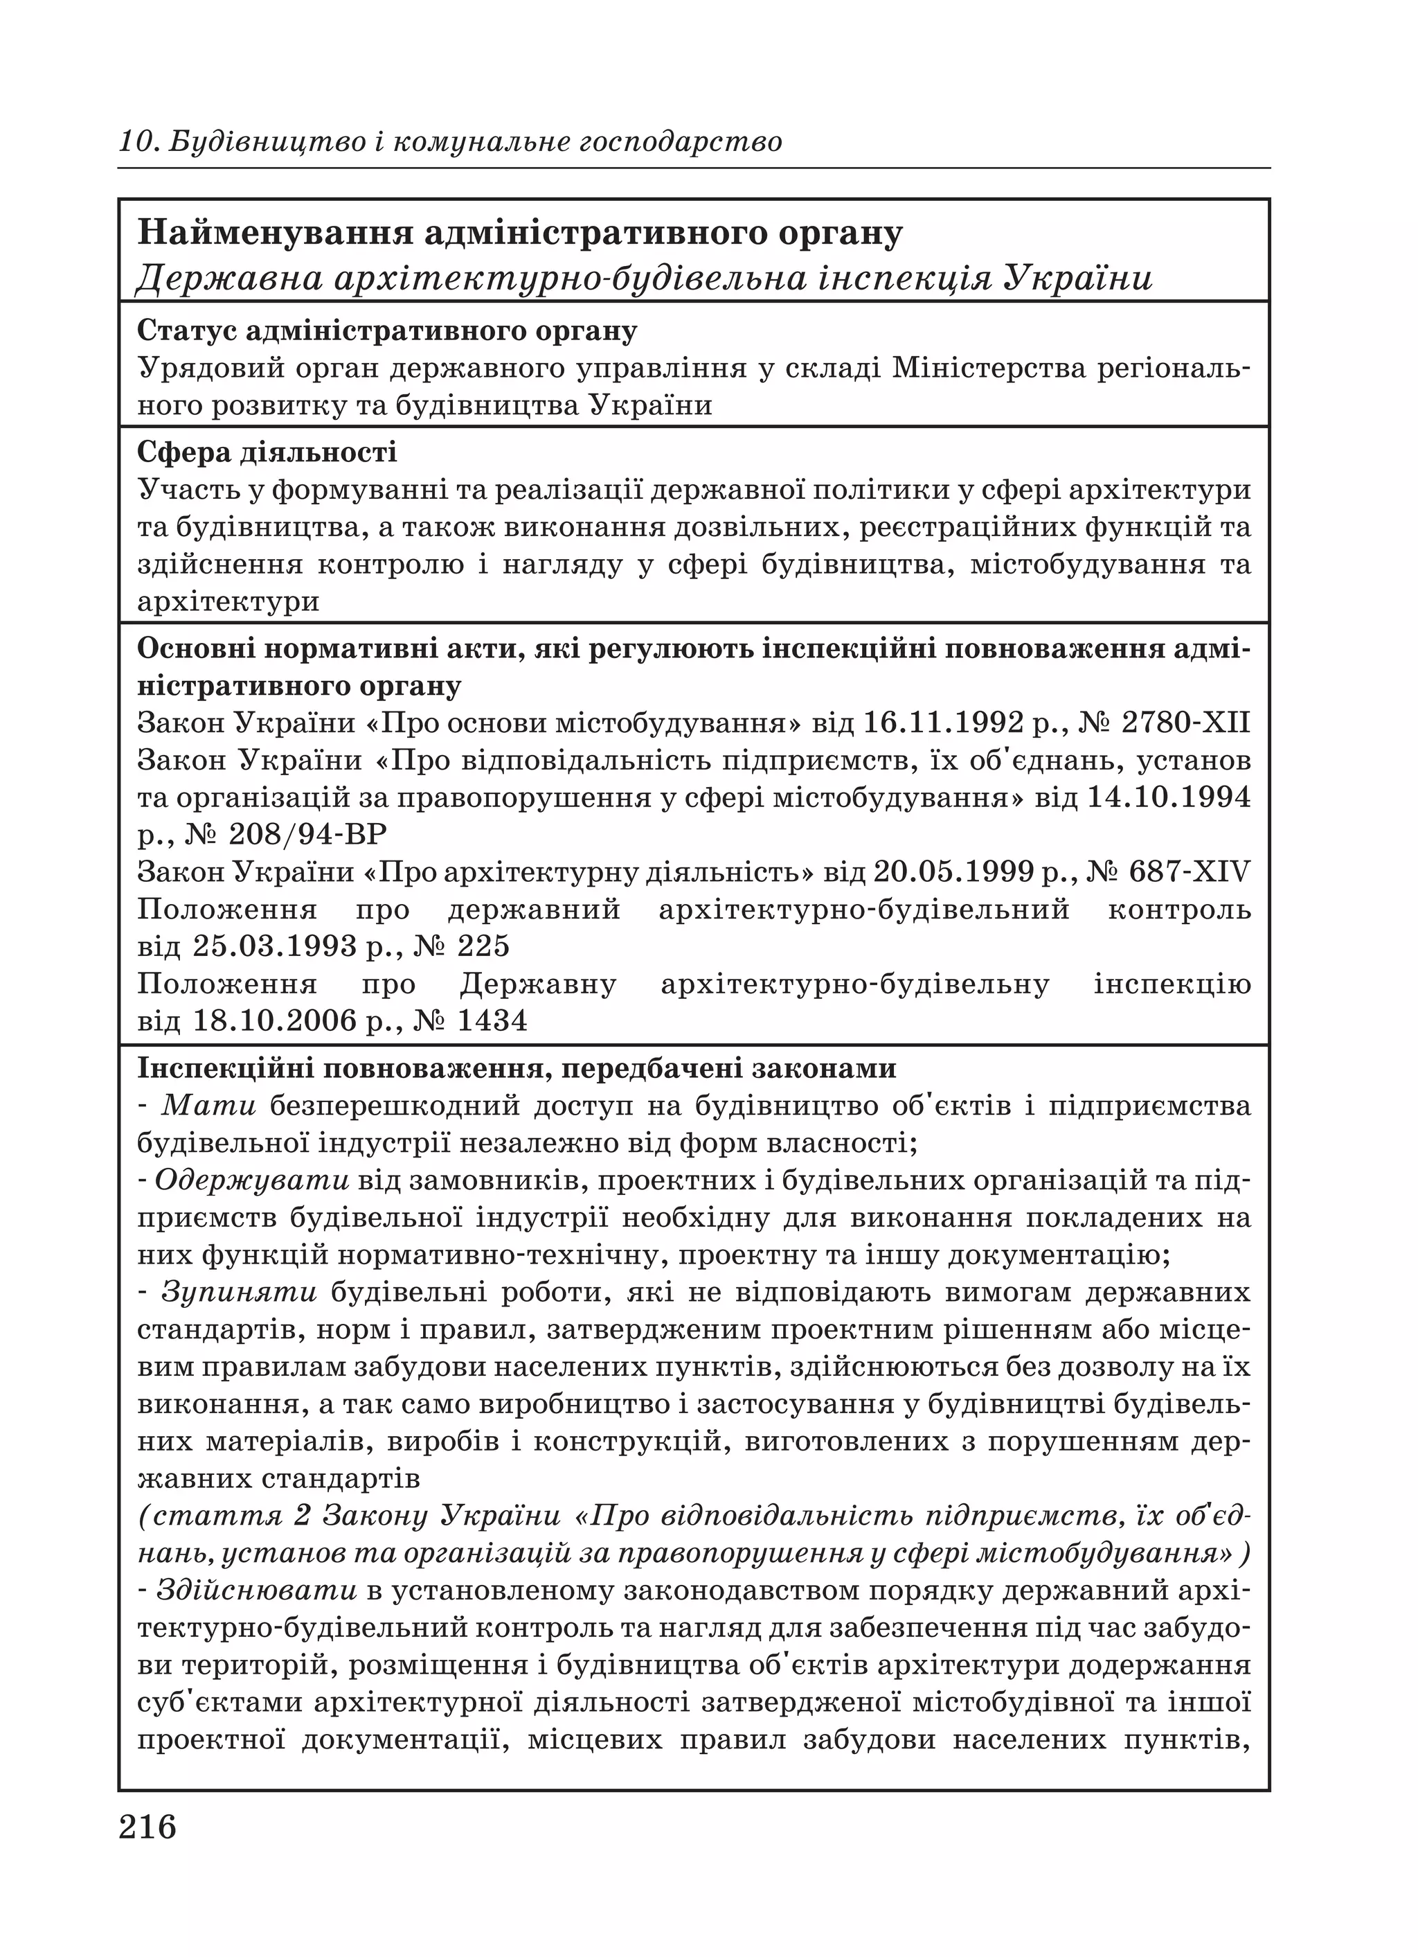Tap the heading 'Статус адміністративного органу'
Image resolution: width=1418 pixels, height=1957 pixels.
click(x=387, y=330)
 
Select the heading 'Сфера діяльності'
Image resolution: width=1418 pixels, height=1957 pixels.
click(x=267, y=452)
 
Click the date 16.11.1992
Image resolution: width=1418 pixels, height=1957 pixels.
click(x=944, y=723)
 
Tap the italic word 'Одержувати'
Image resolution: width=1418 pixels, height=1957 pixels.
click(x=253, y=1180)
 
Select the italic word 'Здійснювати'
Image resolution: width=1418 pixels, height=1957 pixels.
click(x=257, y=1592)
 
